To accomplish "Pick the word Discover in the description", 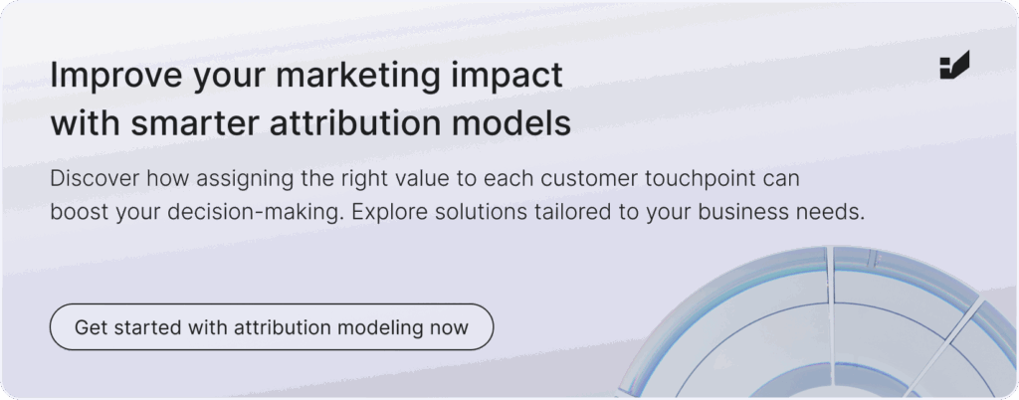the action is coord(88,178).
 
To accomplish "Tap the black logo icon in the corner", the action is coord(954,65).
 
